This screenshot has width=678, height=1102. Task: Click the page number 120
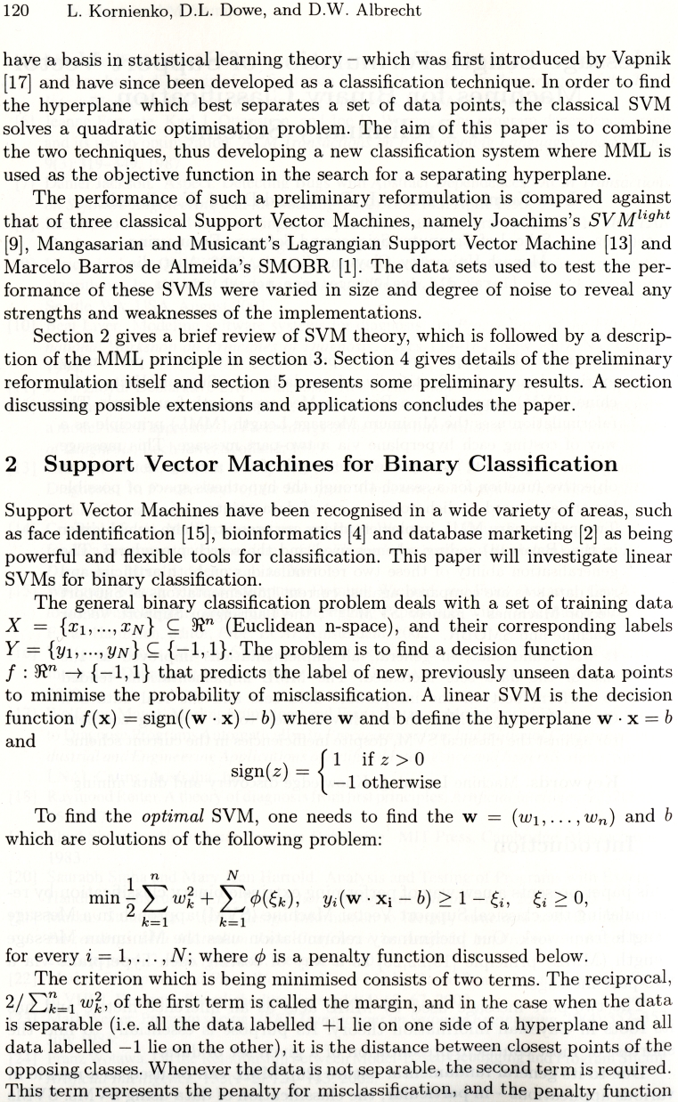(x=19, y=12)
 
